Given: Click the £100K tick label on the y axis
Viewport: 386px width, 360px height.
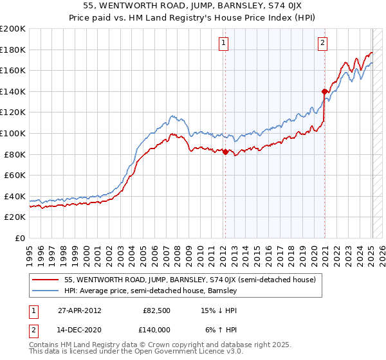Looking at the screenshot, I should coord(12,133).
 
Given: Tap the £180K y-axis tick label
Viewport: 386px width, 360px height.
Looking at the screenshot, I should coord(12,50).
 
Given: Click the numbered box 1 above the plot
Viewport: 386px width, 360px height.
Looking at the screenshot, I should coord(223,44).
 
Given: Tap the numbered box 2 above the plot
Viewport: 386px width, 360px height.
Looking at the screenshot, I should coord(322,44).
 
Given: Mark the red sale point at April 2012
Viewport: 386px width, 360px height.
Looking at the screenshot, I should coord(226,152).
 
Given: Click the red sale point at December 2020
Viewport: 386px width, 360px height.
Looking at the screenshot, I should coord(324,91).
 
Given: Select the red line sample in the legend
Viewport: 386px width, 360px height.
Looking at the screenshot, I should coord(46,280).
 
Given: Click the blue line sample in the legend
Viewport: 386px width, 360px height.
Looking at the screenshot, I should coord(46,291).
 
